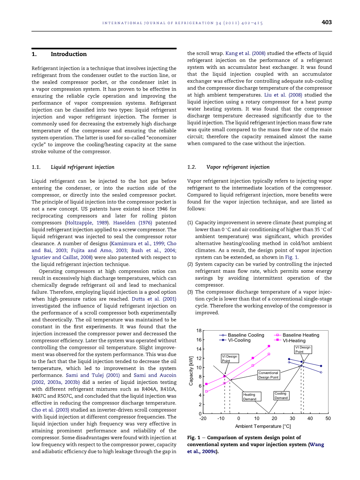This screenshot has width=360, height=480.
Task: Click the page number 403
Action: coord(327,23)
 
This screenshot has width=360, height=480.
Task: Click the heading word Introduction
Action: coord(68,54)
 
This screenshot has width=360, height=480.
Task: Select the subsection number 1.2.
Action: coord(191,167)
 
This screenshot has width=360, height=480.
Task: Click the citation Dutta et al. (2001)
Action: coord(153,299)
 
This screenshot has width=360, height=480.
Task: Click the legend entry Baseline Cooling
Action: coord(246,335)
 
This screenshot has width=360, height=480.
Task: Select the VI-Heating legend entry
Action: coord(294,340)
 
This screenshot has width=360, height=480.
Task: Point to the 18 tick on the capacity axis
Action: coord(199,331)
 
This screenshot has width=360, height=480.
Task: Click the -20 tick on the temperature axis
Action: coord(203,419)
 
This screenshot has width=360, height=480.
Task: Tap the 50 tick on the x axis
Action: coord(328,419)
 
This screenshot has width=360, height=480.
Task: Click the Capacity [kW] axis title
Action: coord(191,371)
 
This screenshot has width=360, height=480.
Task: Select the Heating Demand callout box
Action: coord(250,397)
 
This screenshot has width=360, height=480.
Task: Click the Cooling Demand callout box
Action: coord(281,396)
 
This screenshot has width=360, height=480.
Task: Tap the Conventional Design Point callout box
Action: coord(269,375)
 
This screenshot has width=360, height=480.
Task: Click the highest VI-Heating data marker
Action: coord(269,346)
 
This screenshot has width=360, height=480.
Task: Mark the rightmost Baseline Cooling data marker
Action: coord(321,372)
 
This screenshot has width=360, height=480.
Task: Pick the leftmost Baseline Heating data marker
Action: coord(206,391)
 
